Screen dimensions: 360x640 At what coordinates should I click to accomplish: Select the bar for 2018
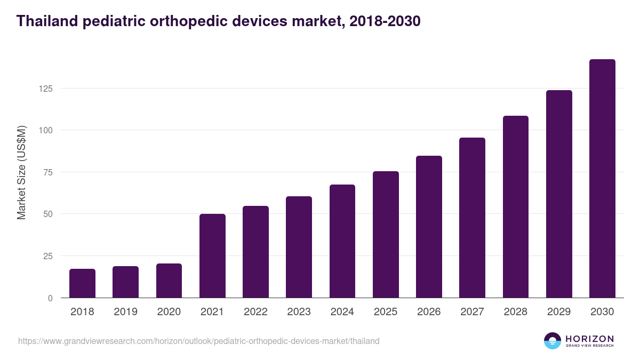(x=82, y=283)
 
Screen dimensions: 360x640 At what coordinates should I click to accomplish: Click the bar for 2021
(x=212, y=256)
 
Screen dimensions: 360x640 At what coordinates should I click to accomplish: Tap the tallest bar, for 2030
(x=602, y=179)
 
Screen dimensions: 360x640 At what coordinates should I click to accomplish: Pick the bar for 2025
(x=386, y=235)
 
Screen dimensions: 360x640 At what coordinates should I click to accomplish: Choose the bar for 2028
(x=516, y=207)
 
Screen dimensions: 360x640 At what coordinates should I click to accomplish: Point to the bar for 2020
(x=169, y=281)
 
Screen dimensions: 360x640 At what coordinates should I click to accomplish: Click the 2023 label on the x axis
(x=299, y=312)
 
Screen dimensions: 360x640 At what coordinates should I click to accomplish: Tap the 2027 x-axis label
(x=472, y=312)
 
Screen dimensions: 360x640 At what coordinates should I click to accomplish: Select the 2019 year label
(x=125, y=312)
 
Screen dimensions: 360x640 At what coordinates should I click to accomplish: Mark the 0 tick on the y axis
(x=50, y=298)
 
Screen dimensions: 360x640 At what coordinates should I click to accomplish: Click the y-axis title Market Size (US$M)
(x=21, y=172)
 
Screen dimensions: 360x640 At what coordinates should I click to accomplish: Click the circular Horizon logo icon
(x=553, y=341)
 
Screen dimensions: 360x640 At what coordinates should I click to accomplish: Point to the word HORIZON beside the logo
(x=589, y=339)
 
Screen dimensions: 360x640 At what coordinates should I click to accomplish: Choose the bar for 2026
(x=429, y=227)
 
